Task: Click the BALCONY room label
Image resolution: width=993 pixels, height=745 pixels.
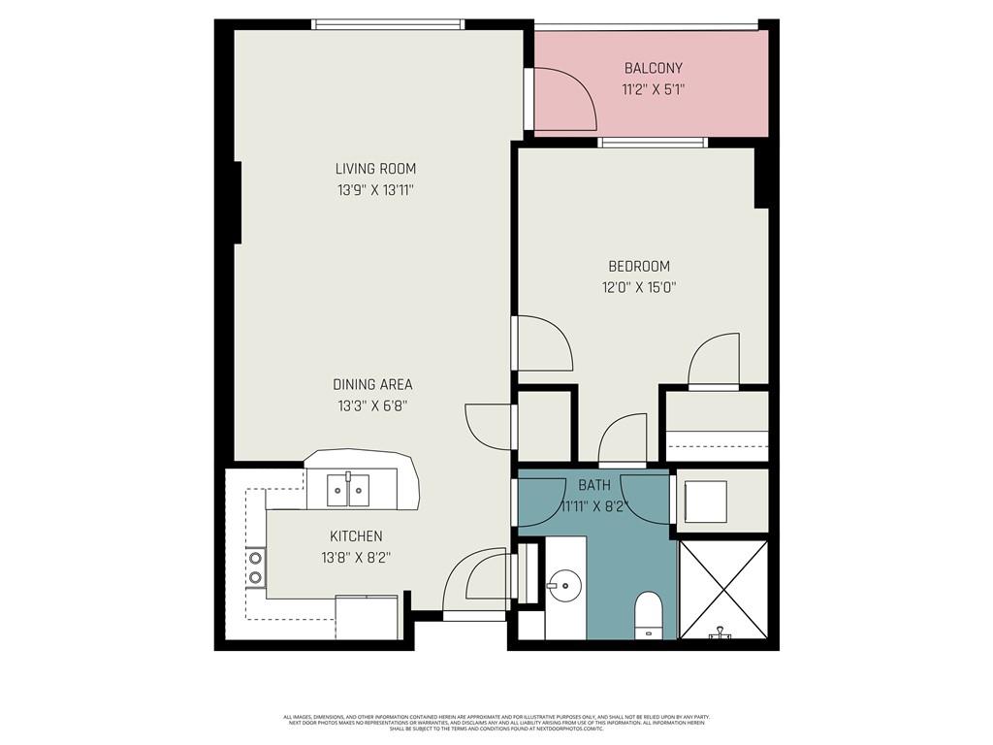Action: (x=653, y=68)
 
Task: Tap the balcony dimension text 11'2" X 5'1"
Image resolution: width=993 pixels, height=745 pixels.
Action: (x=653, y=90)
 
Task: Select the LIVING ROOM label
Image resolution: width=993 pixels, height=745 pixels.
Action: (x=375, y=169)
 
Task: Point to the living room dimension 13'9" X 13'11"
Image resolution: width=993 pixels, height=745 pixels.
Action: (x=375, y=191)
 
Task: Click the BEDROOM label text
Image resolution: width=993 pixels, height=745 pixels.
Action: (x=638, y=266)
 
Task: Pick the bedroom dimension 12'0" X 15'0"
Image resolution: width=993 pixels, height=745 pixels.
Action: (x=638, y=287)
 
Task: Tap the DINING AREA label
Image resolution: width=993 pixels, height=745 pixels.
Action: (x=372, y=384)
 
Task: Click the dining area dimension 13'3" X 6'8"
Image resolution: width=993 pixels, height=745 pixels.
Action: (x=372, y=406)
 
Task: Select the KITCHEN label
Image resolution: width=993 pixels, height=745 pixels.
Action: (x=356, y=535)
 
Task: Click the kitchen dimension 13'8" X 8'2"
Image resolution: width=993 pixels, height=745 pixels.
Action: (x=356, y=558)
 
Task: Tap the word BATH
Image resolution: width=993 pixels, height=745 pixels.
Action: (x=593, y=484)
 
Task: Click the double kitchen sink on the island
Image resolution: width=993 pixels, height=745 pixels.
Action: (x=347, y=490)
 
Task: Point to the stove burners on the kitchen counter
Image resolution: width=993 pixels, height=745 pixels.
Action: (x=255, y=567)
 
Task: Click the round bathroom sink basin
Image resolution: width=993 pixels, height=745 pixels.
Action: (x=563, y=584)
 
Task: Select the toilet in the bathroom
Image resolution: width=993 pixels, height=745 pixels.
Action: (x=648, y=615)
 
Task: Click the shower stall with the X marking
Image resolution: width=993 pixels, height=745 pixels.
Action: (x=722, y=589)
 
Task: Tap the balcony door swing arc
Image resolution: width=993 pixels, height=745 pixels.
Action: (x=566, y=99)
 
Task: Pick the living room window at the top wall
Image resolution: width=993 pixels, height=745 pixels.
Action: (x=388, y=24)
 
